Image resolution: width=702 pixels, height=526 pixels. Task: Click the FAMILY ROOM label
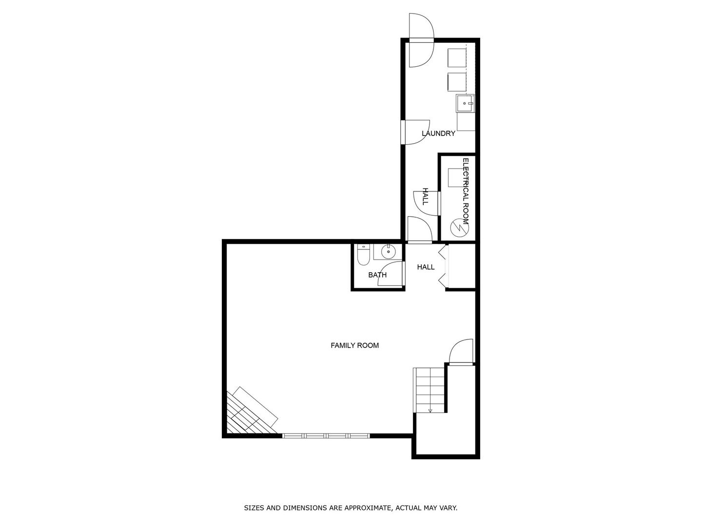coord(354,346)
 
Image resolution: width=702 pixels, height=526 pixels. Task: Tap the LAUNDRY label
coord(438,133)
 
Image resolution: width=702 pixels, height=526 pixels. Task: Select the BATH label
coord(377,275)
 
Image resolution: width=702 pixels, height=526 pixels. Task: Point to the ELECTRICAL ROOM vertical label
coord(466,191)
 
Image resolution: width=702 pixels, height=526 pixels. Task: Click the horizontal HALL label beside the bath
coord(426,267)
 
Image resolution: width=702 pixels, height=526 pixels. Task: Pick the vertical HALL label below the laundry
coord(425,196)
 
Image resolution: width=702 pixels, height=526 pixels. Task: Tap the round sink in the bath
coord(388,252)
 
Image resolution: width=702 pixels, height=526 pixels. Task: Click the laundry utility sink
coord(465,103)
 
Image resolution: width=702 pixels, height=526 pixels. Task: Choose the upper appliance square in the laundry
coord(457,58)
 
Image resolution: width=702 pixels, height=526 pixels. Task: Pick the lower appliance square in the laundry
coord(457,81)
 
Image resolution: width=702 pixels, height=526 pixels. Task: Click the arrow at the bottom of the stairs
coord(430,410)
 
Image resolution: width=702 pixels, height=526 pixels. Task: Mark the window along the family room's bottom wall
coord(326,435)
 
